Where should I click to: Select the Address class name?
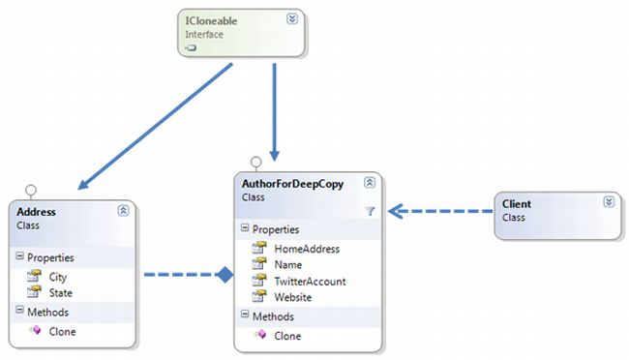click(37, 210)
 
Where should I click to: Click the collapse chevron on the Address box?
click(123, 210)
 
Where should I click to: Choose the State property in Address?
click(59, 291)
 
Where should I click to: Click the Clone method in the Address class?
click(61, 331)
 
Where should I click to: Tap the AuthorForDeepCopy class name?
click(289, 181)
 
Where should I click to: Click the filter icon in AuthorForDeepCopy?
click(370, 210)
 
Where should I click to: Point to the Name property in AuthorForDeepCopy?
click(288, 264)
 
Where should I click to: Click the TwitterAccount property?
click(311, 281)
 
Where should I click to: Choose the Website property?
click(293, 296)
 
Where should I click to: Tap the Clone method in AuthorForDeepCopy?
click(287, 336)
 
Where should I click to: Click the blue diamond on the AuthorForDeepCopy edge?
click(225, 275)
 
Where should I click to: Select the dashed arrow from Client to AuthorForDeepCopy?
click(440, 210)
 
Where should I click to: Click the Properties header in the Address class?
click(50, 257)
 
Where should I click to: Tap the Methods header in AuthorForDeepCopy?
click(273, 316)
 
